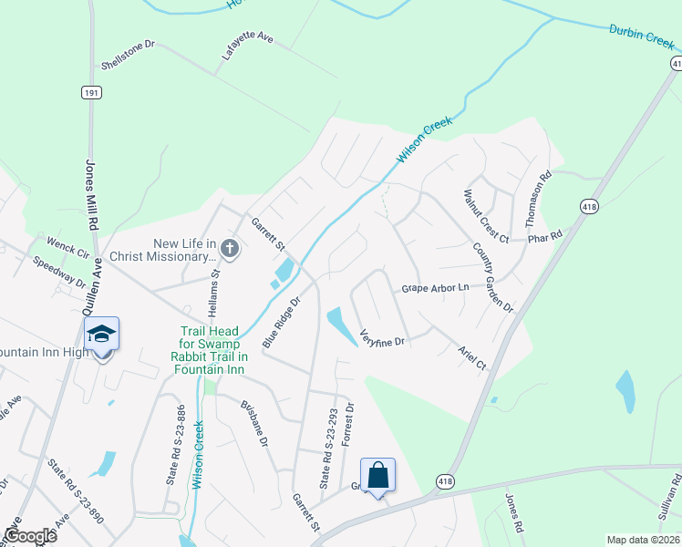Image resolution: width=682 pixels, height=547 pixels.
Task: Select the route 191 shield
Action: coord(90,92)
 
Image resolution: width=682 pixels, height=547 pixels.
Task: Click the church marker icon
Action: coord(230,248)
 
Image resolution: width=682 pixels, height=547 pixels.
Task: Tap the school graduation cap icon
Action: coord(102,335)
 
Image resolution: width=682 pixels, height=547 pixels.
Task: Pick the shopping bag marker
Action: coord(377,475)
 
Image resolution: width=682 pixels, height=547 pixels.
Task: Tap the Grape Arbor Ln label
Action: coord(435,288)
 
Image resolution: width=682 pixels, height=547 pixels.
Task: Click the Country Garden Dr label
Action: coord(493,277)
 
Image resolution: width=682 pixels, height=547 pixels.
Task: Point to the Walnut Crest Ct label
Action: coord(485,216)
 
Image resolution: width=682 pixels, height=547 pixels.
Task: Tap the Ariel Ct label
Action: coord(472,356)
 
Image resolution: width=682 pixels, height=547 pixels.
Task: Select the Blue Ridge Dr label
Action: coord(282,323)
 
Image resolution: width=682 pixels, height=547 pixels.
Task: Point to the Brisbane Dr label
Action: coord(254,423)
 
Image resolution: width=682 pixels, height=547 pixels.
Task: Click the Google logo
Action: coord(29,536)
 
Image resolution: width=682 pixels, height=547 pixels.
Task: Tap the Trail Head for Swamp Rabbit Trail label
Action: coord(210,351)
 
